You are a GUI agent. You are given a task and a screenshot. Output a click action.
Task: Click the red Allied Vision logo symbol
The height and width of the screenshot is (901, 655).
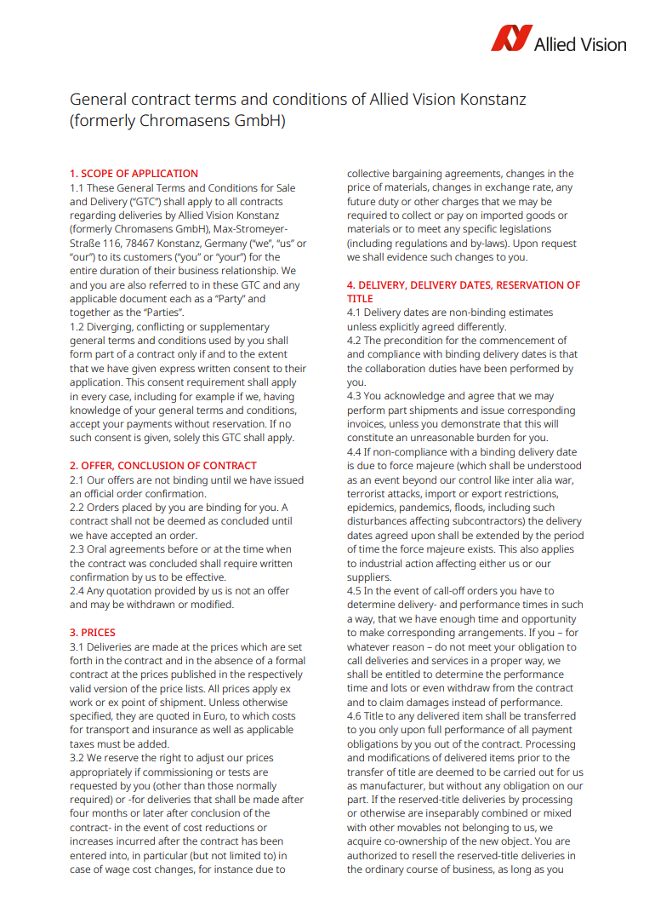(510, 39)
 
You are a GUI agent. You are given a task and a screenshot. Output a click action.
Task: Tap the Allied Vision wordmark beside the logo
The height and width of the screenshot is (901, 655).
(579, 43)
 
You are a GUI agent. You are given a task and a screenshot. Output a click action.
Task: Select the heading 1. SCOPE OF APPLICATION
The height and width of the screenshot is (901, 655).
(134, 174)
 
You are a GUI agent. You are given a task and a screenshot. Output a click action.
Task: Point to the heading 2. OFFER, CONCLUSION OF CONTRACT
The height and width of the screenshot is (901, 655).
(162, 466)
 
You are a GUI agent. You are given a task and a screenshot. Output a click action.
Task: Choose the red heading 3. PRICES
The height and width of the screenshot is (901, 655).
(92, 633)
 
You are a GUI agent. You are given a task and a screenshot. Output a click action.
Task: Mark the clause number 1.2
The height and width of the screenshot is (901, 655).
(77, 327)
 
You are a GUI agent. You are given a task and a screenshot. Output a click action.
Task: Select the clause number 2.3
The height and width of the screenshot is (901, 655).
(77, 549)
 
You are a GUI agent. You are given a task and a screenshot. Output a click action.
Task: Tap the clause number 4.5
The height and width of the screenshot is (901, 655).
(355, 591)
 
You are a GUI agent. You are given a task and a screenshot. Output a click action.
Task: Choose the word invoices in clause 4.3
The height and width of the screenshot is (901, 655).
(367, 424)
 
